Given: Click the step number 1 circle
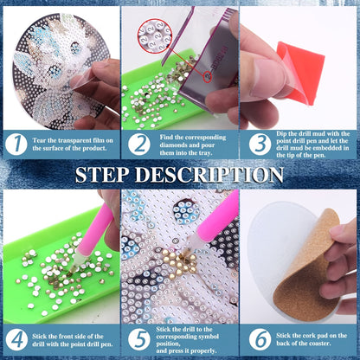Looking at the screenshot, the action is [16, 145].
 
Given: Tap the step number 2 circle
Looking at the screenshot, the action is [139, 145].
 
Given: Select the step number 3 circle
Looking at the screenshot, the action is [260, 145].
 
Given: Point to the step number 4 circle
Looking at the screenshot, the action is [16, 340].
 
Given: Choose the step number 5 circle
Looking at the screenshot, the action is [139, 340].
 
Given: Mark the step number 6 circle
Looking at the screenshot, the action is [260, 340].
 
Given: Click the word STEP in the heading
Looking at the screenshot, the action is [102, 175].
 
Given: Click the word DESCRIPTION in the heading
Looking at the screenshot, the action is [209, 175].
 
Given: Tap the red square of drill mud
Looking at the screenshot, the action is [301, 72].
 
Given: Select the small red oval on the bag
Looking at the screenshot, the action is [208, 76].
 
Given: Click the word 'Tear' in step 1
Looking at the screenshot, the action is [39, 140].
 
